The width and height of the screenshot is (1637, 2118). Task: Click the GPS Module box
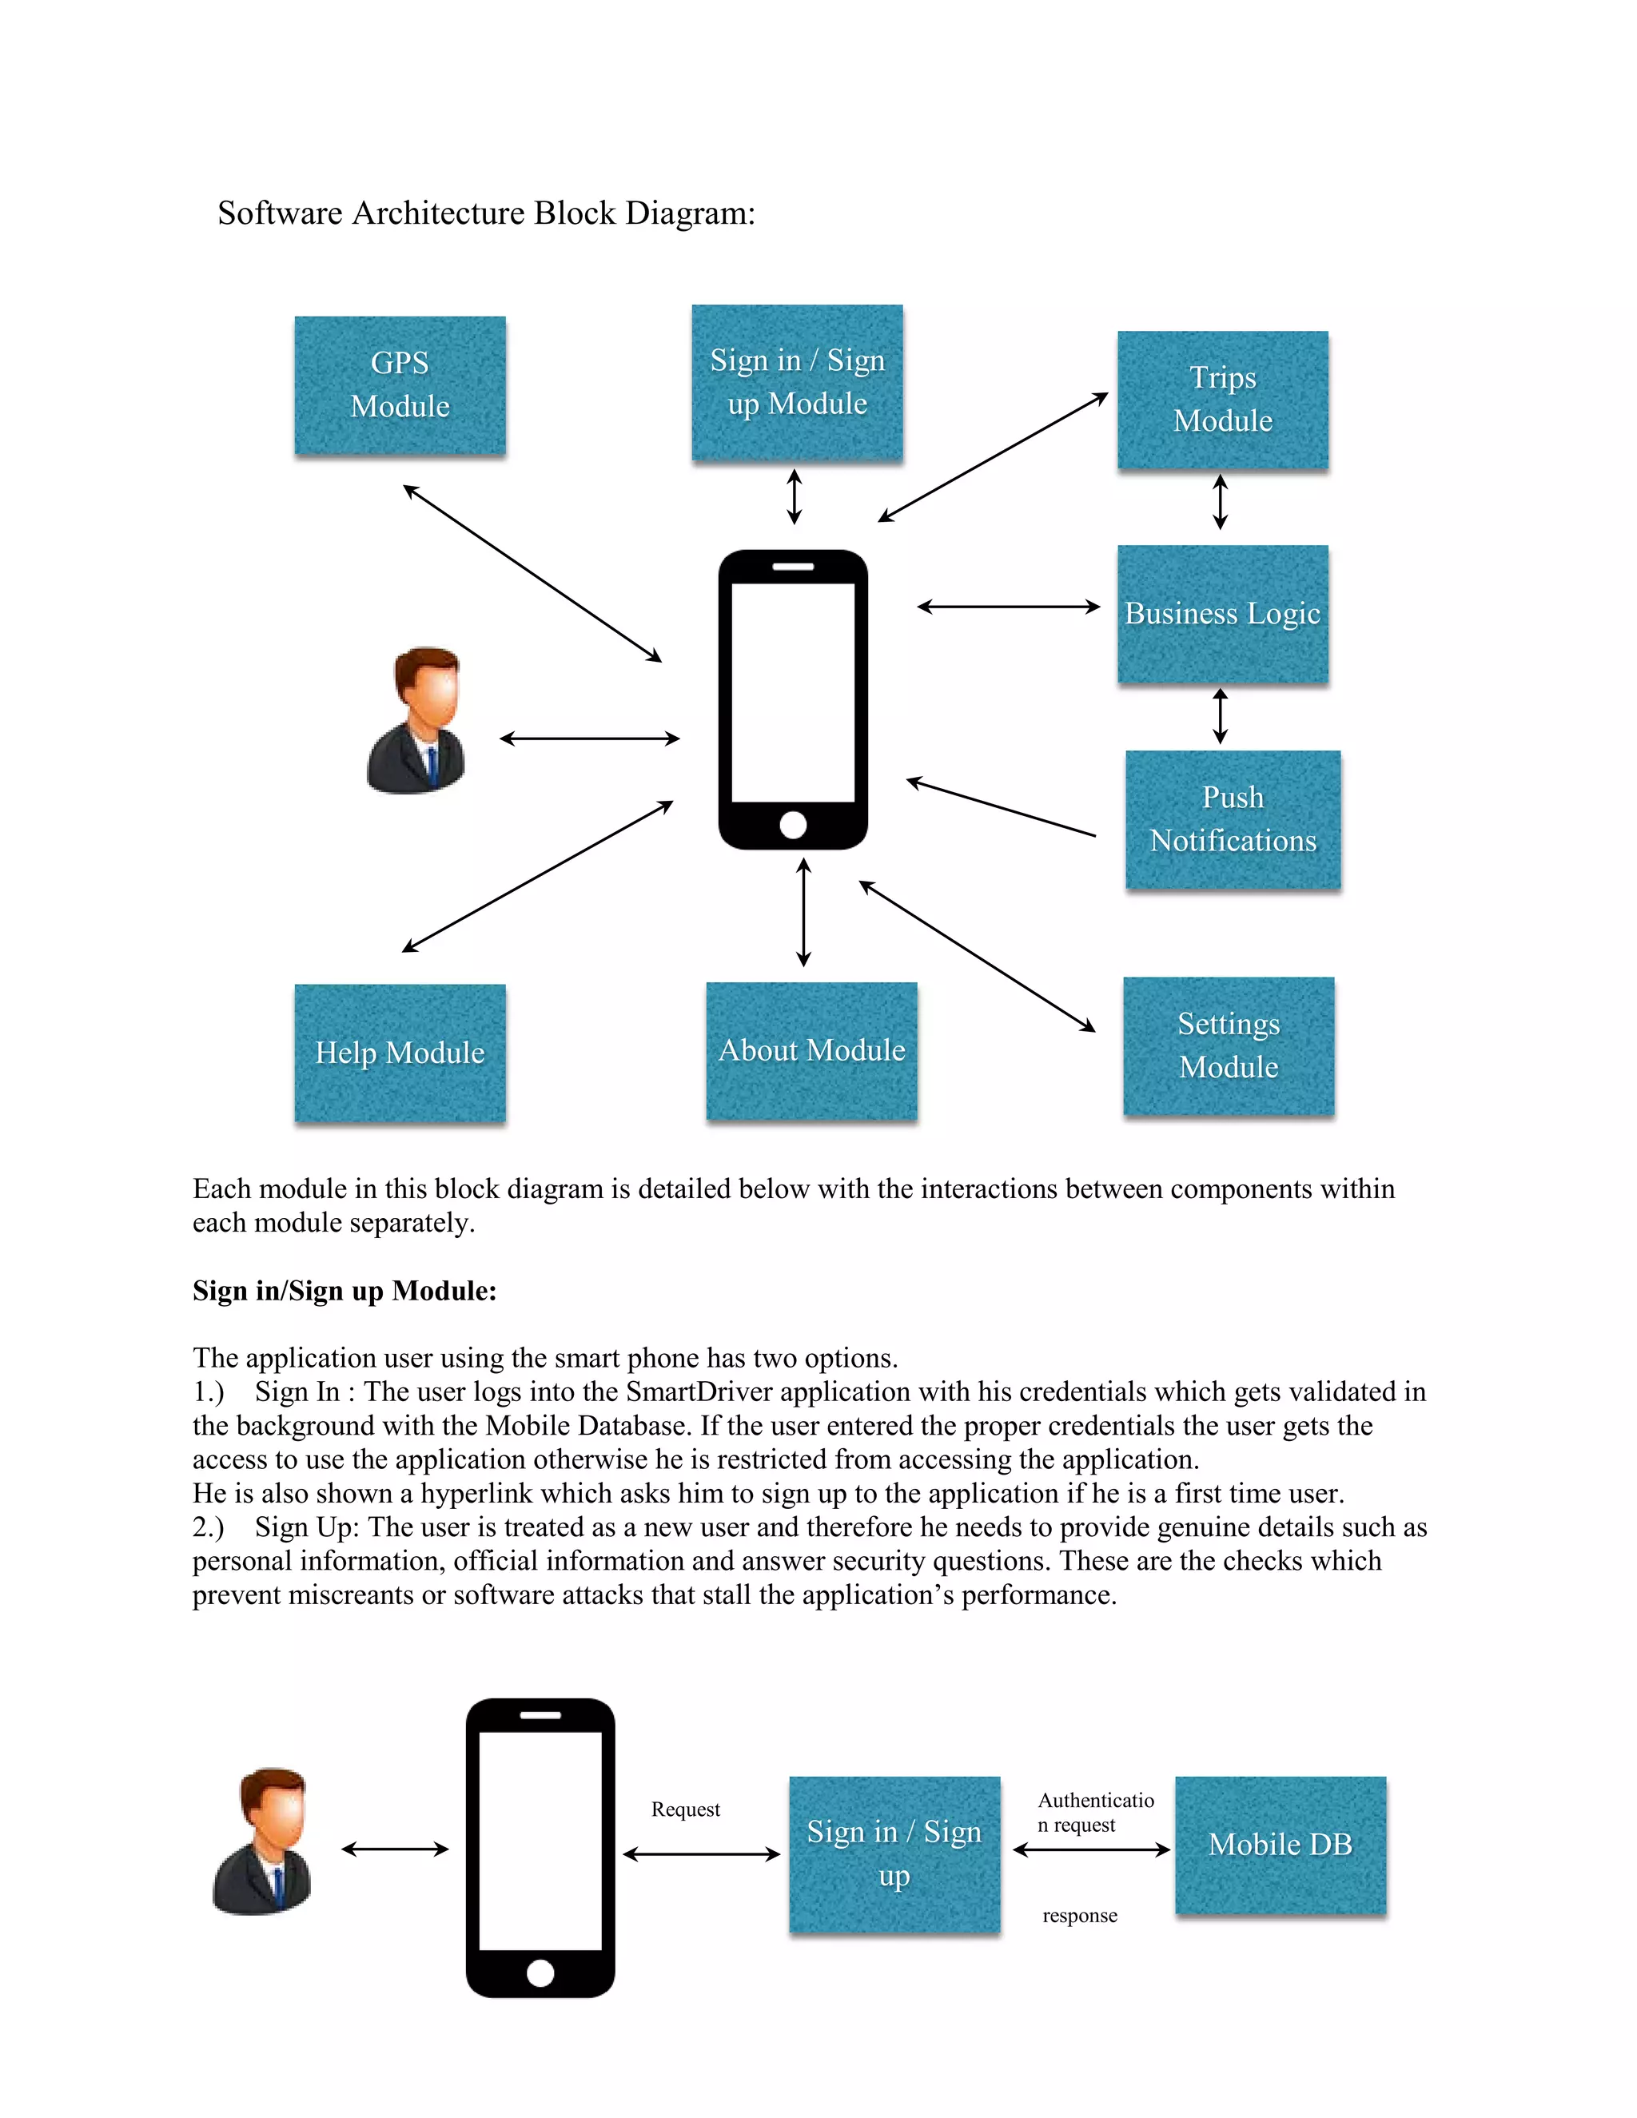tap(400, 385)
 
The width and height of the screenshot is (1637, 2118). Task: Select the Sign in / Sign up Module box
tap(796, 382)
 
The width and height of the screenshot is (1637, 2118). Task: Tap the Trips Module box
tap(1222, 400)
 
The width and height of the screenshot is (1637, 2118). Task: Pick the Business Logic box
tap(1222, 614)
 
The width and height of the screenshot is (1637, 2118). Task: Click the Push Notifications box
tap(1233, 819)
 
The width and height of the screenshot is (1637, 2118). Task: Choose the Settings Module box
tap(1228, 1045)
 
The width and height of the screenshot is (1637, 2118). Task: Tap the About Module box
tap(812, 1051)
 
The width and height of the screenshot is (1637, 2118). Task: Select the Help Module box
tap(400, 1053)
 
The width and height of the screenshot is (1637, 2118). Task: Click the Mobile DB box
tap(1281, 1845)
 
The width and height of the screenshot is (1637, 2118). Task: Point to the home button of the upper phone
tap(792, 826)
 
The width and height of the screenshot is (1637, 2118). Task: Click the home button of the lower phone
tap(540, 1973)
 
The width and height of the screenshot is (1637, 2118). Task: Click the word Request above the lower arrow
tap(686, 1809)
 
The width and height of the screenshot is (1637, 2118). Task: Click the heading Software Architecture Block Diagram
tap(486, 213)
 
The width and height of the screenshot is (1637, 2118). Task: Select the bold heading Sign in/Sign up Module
tap(345, 1291)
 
